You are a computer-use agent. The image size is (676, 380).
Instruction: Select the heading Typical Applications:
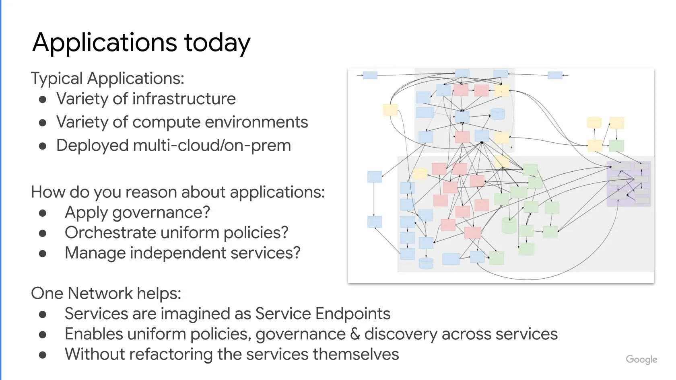(x=107, y=79)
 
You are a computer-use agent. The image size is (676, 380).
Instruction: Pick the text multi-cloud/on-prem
(x=212, y=146)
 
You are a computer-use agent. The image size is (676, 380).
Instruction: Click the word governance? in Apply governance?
(x=161, y=213)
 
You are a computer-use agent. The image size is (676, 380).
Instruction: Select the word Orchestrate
(x=110, y=232)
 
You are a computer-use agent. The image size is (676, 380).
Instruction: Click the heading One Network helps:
(x=106, y=293)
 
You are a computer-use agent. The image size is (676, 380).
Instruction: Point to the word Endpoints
(x=353, y=314)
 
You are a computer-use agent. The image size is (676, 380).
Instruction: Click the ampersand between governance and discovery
(x=355, y=334)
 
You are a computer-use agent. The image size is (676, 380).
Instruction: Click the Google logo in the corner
(x=641, y=359)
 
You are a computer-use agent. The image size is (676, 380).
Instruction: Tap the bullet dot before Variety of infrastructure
(x=43, y=100)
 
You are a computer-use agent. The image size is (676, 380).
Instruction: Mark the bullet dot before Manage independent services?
(x=43, y=254)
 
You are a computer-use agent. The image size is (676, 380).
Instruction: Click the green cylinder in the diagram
(x=509, y=225)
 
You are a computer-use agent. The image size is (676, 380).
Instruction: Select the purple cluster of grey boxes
(x=629, y=184)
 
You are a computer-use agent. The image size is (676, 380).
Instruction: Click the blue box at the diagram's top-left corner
(x=370, y=75)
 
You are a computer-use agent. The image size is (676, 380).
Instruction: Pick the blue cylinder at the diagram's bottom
(x=426, y=263)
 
